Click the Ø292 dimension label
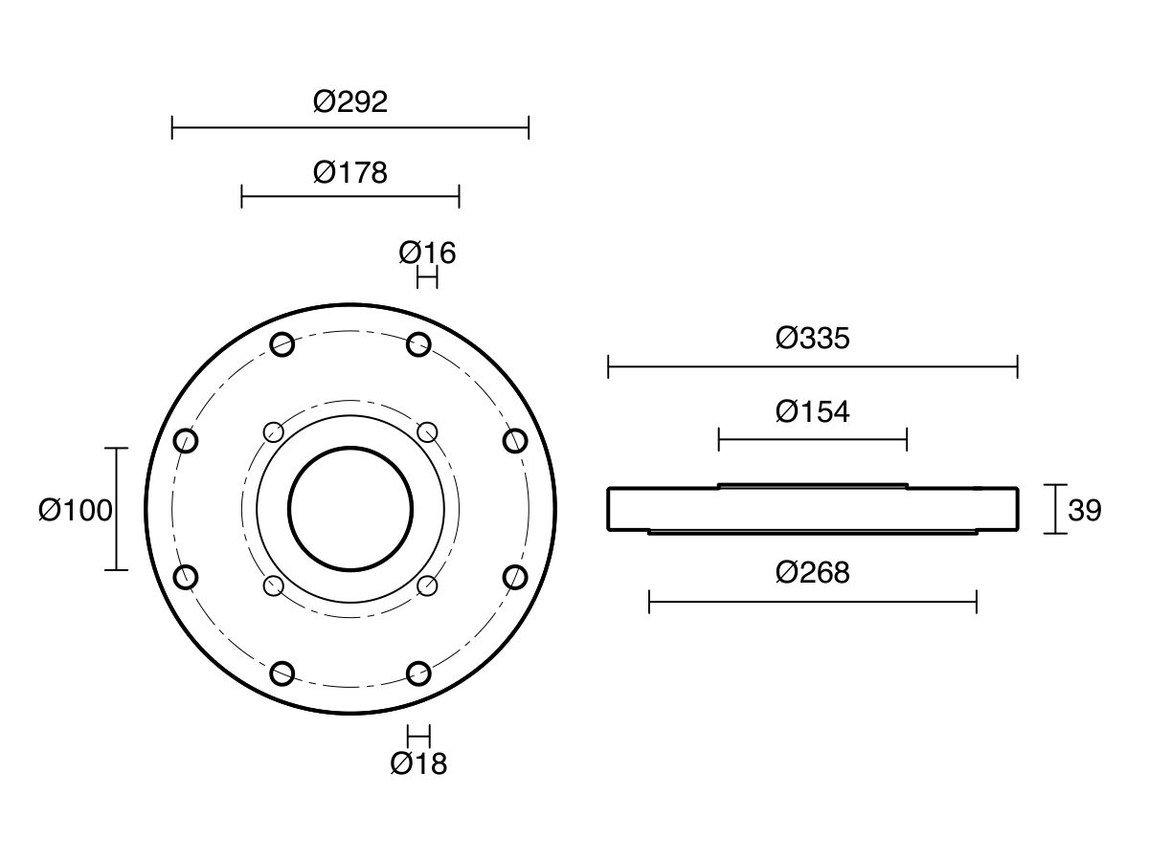pyautogui.click(x=350, y=101)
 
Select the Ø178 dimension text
pyautogui.click(x=350, y=172)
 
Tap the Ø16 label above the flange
pyautogui.click(x=427, y=253)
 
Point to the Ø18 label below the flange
pyautogui.click(x=418, y=763)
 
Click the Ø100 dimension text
pyautogui.click(x=76, y=510)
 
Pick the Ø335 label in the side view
pyautogui.click(x=812, y=338)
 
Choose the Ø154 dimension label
pyautogui.click(x=812, y=411)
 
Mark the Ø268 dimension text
pyautogui.click(x=812, y=572)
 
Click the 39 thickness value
pyautogui.click(x=1085, y=510)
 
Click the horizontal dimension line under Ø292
pyautogui.click(x=350, y=127)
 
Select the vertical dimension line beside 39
pyautogui.click(x=1055, y=509)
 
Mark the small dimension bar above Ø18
pyautogui.click(x=418, y=736)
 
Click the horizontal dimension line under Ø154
pyautogui.click(x=812, y=440)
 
